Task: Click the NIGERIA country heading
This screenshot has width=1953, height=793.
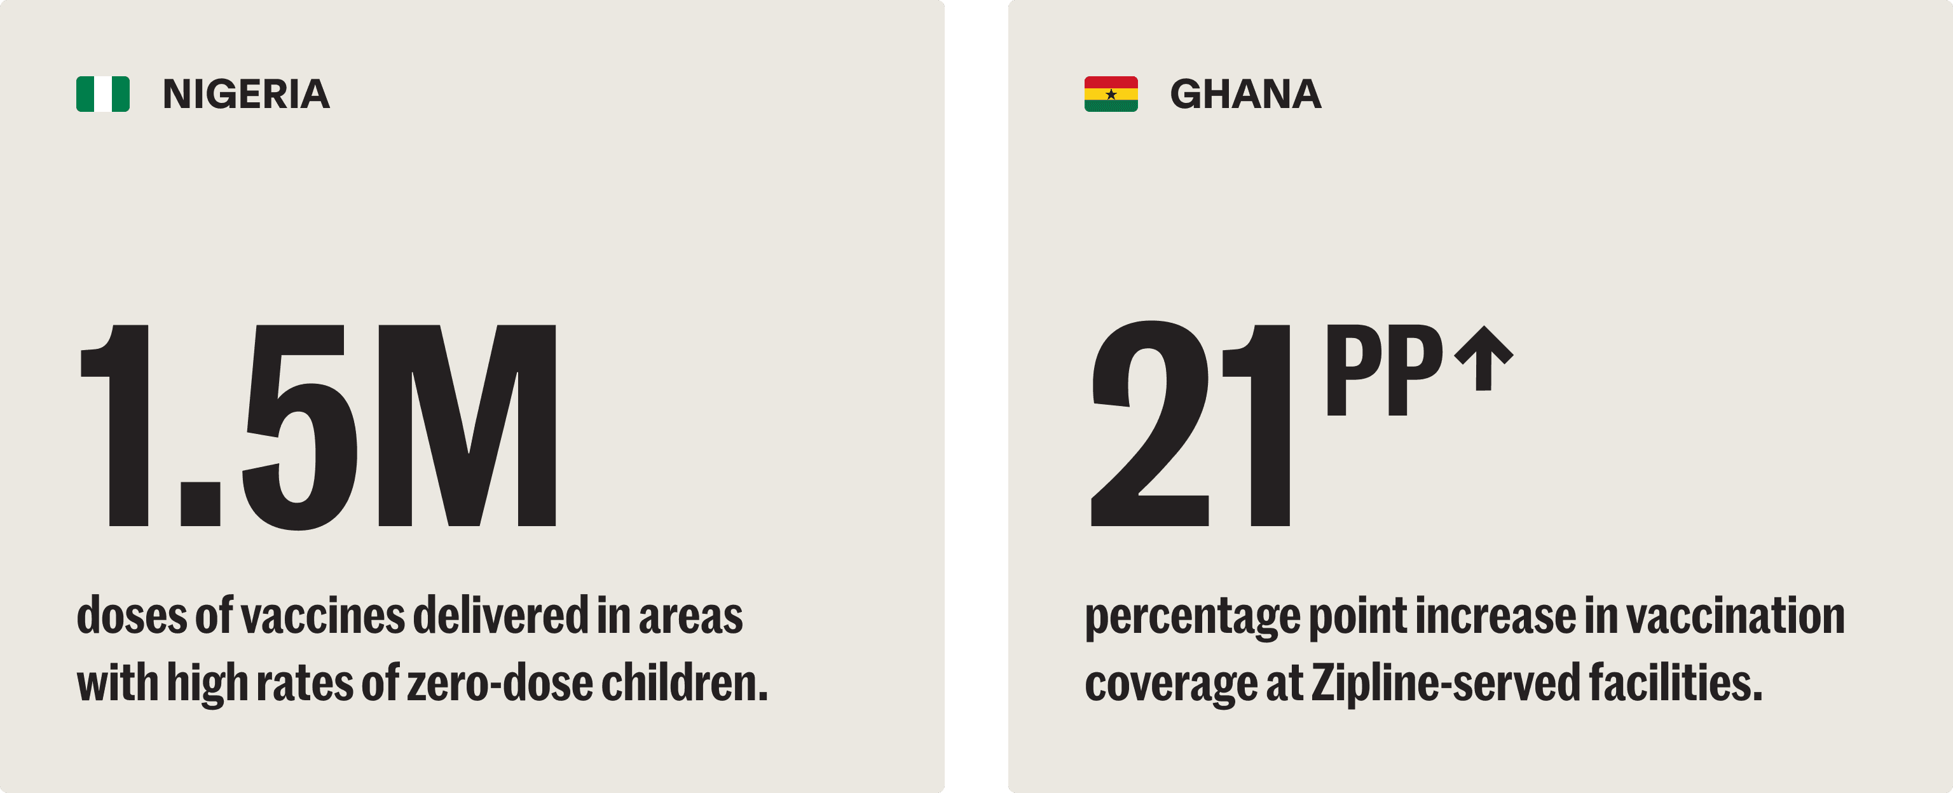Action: click(x=247, y=94)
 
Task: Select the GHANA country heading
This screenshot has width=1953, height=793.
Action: click(x=1245, y=94)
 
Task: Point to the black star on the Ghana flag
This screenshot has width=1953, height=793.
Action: click(x=1111, y=95)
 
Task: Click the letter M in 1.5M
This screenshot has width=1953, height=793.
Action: click(x=466, y=426)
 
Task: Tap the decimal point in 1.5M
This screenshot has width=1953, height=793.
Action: click(x=200, y=503)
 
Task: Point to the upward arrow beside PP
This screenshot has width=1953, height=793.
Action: click(x=1484, y=358)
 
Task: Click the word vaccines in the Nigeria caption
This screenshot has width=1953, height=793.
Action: click(x=322, y=616)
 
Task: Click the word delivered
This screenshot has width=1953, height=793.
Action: click(x=500, y=616)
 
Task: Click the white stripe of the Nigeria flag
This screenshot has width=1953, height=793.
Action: click(x=103, y=94)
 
